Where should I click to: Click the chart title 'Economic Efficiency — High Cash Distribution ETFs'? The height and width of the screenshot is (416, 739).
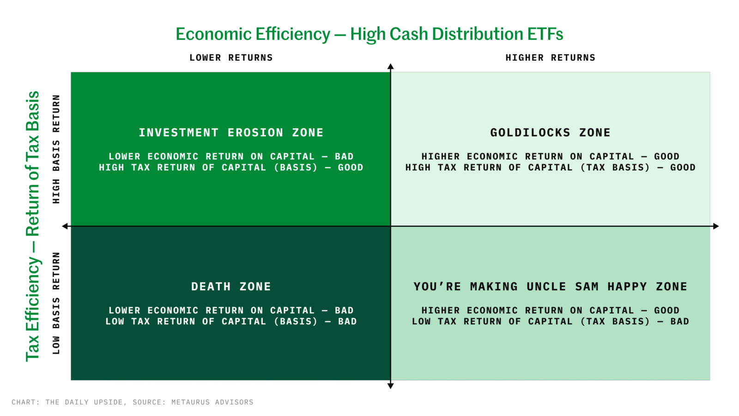[x=369, y=34]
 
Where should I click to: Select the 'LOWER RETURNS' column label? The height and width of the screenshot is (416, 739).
[x=231, y=58]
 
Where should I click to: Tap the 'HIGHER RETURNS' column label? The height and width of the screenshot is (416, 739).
[x=550, y=58]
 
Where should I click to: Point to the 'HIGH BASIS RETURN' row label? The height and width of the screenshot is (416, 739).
[x=56, y=149]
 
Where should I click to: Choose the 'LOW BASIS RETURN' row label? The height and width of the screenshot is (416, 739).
[x=56, y=303]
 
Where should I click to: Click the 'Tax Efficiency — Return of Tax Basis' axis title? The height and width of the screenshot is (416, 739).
[x=33, y=226]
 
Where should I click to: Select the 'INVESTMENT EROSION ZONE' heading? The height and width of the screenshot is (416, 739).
[x=231, y=133]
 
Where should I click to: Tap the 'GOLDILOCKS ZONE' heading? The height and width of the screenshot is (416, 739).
[x=550, y=133]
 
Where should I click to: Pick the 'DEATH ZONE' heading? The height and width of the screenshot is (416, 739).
[x=231, y=287]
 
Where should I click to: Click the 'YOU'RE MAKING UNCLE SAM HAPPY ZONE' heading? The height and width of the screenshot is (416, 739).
[x=550, y=287]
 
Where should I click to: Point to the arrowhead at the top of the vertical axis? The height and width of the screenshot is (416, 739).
[x=391, y=66]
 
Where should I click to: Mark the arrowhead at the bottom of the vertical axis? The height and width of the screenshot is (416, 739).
[x=391, y=386]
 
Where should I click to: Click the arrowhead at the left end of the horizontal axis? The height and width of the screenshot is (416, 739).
[x=65, y=226]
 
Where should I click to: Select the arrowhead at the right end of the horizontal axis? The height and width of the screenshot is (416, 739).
[x=716, y=226]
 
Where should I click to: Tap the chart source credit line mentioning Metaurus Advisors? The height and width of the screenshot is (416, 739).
[x=133, y=402]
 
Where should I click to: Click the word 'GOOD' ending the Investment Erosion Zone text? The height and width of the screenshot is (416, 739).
[x=351, y=168]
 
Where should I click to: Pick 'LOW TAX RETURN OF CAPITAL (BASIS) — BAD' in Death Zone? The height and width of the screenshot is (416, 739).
[x=231, y=322]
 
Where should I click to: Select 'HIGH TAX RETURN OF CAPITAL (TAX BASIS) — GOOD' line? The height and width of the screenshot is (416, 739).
[x=550, y=168]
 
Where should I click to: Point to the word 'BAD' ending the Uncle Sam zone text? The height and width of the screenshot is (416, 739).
[x=679, y=322]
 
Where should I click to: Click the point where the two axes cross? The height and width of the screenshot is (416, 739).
[x=391, y=226]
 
